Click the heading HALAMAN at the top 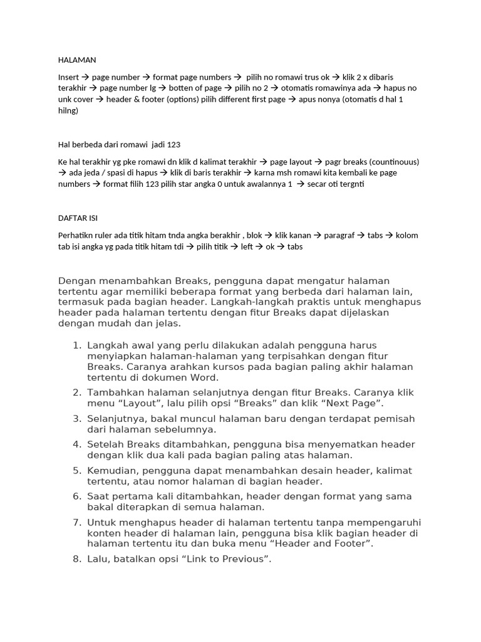77,60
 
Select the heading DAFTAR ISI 78,218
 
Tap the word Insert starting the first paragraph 69,77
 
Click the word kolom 405,235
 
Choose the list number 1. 76,345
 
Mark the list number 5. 76,470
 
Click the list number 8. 76,559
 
